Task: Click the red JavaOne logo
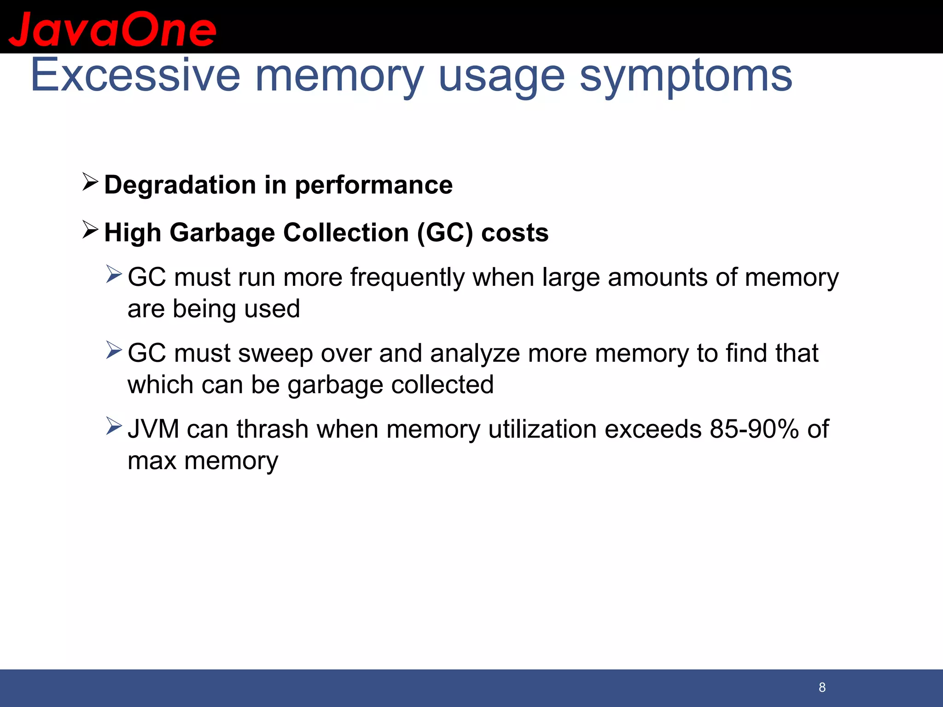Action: click(x=112, y=29)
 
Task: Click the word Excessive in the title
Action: click(x=135, y=75)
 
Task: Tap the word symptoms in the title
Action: click(x=686, y=76)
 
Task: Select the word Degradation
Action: click(x=180, y=185)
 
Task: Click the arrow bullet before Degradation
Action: click(x=90, y=182)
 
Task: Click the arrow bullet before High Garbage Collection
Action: click(x=90, y=230)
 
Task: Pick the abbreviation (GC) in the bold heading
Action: click(x=445, y=233)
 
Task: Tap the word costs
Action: click(x=515, y=233)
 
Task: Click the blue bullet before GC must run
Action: click(x=114, y=274)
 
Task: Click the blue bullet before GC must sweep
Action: click(x=114, y=350)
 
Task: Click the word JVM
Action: click(x=153, y=429)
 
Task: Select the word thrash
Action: click(x=272, y=429)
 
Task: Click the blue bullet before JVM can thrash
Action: click(x=114, y=426)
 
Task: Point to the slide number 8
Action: click(x=822, y=688)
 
